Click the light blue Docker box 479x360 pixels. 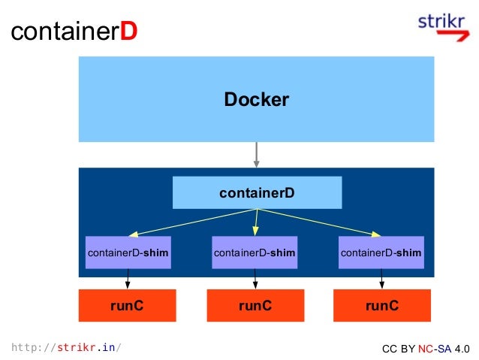coord(256,99)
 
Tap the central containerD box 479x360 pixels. coord(257,192)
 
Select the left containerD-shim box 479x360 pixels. coord(128,253)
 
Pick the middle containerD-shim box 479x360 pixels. coord(255,253)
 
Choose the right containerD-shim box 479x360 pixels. coord(381,253)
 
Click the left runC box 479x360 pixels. coord(128,305)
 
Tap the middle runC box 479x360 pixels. coord(255,305)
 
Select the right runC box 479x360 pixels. coord(381,305)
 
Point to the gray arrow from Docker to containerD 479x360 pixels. coord(257,154)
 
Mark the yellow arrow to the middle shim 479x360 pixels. coord(256,222)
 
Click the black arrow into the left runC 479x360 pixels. coord(128,280)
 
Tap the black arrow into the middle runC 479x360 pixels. coord(255,280)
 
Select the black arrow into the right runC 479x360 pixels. coord(382,280)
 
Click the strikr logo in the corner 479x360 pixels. coord(443,27)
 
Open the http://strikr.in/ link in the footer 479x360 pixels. coord(66,347)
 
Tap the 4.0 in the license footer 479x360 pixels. coord(461,349)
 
